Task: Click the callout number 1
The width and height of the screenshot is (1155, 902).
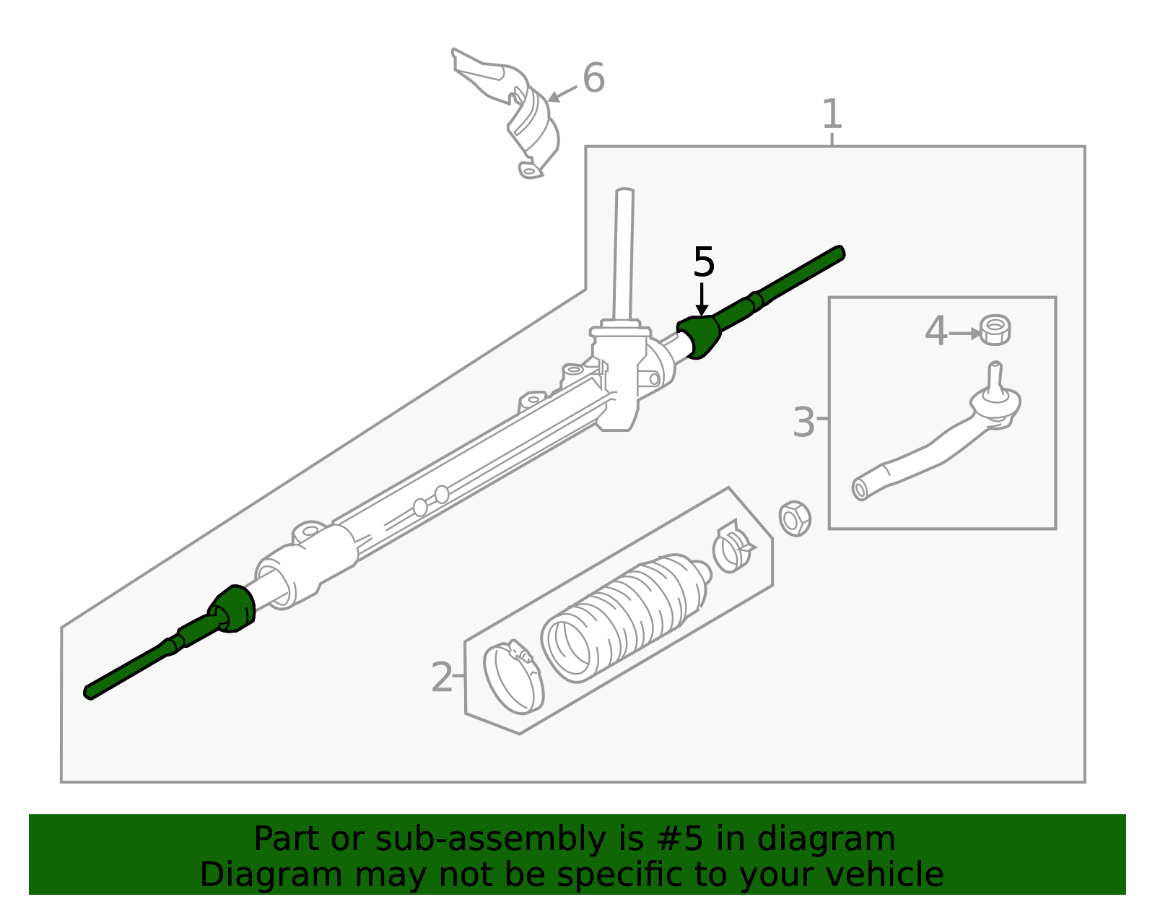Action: [832, 114]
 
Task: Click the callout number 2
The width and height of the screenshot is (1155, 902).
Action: [442, 677]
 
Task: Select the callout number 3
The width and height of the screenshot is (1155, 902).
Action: [803, 422]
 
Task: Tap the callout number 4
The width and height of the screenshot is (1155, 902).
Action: [936, 331]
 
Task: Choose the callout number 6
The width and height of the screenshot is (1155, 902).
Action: [593, 78]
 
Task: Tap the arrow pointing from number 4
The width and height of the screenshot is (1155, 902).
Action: [965, 334]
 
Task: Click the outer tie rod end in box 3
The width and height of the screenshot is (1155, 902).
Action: [938, 441]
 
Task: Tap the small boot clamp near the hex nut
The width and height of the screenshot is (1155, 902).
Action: [731, 547]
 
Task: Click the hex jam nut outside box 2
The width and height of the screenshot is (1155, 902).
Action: [795, 518]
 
